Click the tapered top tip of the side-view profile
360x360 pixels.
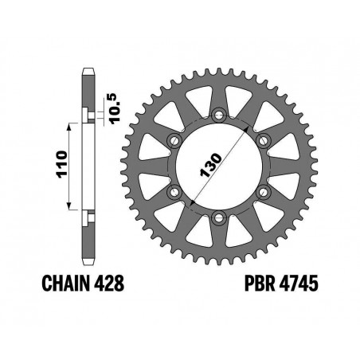point(88,72)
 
